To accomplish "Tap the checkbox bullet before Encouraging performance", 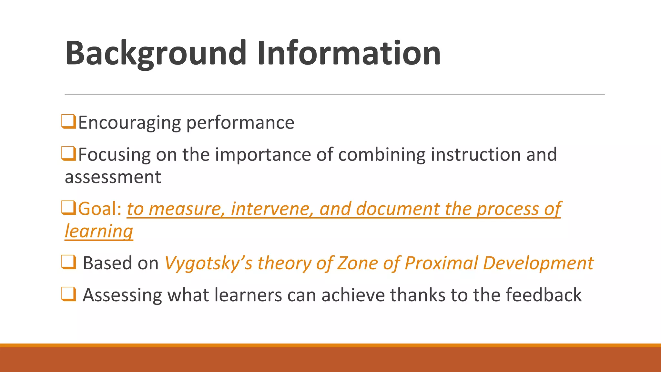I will [68, 122].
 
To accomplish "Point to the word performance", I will [240, 123].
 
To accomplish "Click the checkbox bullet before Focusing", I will [68, 153].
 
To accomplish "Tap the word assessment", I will [113, 177].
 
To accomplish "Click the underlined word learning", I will [99, 232].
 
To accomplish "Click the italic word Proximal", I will [441, 263].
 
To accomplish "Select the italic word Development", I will [538, 263].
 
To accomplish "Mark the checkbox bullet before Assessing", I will [68, 294].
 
